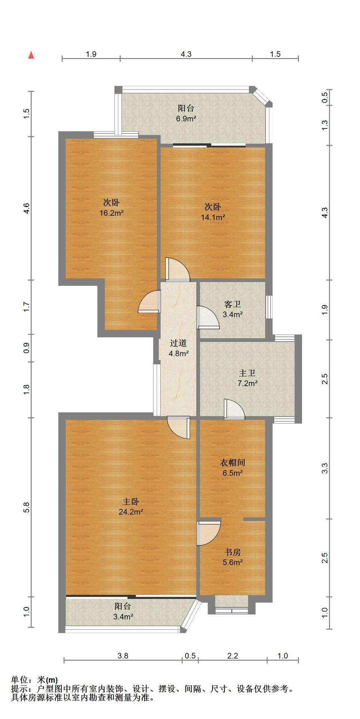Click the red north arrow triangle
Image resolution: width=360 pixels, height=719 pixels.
(31, 55)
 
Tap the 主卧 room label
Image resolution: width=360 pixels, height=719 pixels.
(131, 501)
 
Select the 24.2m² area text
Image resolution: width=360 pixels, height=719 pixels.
(131, 512)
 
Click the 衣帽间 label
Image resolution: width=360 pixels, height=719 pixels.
(232, 462)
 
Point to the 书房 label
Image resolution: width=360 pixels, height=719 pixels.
(232, 552)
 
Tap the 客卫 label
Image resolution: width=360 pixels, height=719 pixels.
(232, 304)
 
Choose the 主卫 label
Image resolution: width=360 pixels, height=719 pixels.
(247, 373)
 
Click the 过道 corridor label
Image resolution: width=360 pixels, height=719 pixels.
(178, 343)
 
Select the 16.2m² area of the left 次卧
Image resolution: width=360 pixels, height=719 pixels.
(112, 213)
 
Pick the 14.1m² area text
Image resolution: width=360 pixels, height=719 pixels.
(213, 217)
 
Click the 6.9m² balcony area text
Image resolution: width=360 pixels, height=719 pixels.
(186, 119)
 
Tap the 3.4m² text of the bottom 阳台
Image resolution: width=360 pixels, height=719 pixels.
(123, 616)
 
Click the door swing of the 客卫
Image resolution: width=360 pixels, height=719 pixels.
(207, 317)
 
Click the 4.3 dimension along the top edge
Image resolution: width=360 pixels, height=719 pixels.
(186, 54)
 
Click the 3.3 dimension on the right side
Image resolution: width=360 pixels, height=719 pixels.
(324, 468)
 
